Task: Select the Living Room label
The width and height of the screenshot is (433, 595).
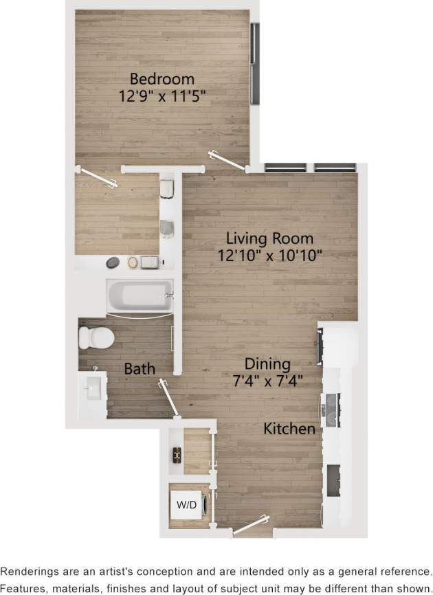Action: [270, 239]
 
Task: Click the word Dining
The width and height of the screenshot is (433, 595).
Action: [269, 364]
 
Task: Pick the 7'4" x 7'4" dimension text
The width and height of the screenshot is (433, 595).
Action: [269, 380]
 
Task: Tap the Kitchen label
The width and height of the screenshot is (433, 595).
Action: [291, 429]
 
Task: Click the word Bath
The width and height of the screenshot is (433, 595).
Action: [140, 369]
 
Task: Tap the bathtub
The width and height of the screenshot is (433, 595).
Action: [140, 297]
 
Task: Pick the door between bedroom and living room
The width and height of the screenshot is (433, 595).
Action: [227, 160]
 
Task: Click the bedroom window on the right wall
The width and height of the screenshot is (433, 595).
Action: [255, 65]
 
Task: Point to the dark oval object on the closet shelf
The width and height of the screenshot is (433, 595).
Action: [112, 262]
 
